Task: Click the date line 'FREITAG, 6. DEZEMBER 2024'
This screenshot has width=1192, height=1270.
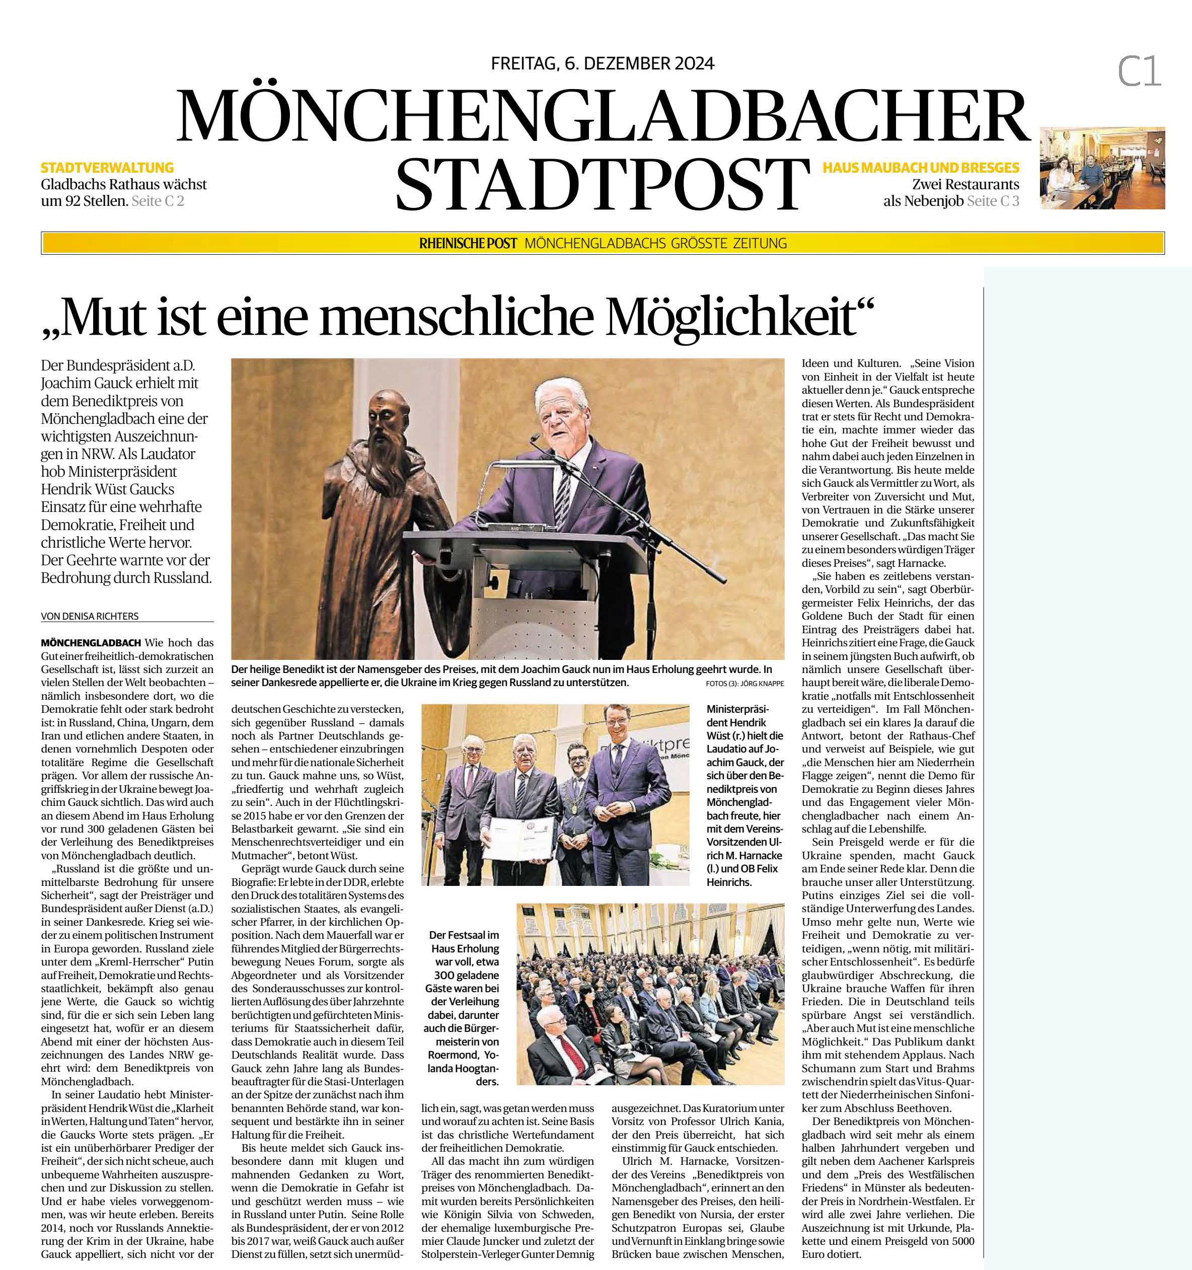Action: pyautogui.click(x=603, y=63)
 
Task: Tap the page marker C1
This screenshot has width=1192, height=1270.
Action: pyautogui.click(x=1139, y=71)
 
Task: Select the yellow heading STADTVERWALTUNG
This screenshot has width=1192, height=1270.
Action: pyautogui.click(x=107, y=168)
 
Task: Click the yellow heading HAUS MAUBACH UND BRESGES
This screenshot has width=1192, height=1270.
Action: pyautogui.click(x=921, y=168)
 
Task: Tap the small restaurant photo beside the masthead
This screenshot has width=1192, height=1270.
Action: pyautogui.click(x=1102, y=168)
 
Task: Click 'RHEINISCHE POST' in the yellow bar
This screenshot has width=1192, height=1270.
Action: pyautogui.click(x=468, y=244)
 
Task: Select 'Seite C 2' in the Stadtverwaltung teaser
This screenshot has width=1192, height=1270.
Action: pyautogui.click(x=158, y=201)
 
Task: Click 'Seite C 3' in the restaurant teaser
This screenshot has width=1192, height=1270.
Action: pyautogui.click(x=993, y=201)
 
